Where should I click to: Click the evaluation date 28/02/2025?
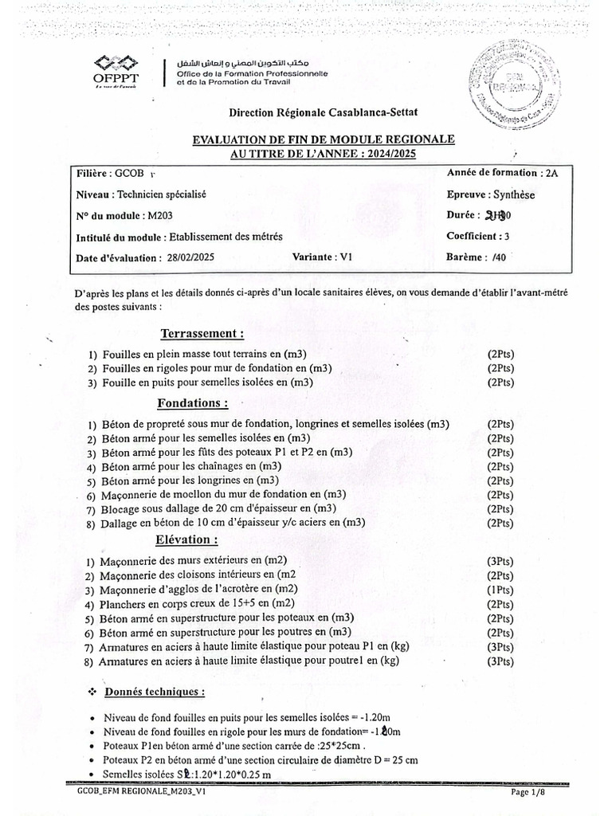pos(191,257)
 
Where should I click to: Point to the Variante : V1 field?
pos(322,257)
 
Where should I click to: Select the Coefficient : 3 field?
pos(478,236)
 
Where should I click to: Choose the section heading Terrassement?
pos(202,333)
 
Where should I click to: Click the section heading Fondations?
pos(193,402)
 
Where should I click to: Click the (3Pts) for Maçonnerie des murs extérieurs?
pos(500,561)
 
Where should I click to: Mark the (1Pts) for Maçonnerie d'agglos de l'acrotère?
pos(500,590)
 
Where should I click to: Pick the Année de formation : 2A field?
pos(503,172)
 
